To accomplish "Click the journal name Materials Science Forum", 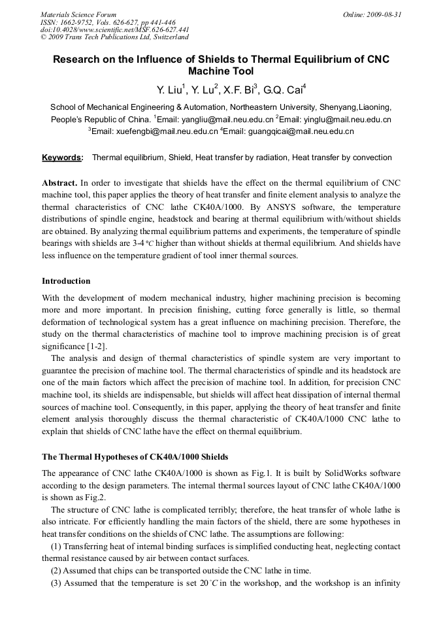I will (x=78, y=14).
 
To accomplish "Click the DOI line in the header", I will (x=115, y=30).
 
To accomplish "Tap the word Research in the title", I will (x=79, y=59).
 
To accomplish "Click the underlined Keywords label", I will (x=62, y=158).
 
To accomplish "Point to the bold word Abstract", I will (x=59, y=182).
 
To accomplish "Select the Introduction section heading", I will (x=66, y=281).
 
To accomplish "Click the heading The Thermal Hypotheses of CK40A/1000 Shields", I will (x=135, y=456).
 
